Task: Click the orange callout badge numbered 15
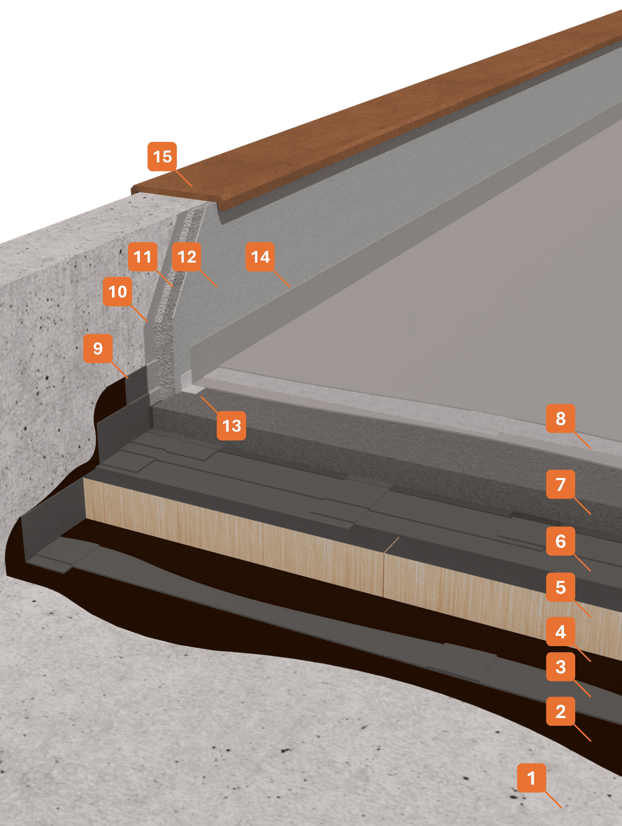coord(162,156)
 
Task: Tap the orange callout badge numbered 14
coord(261,256)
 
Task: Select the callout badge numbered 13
coord(231,425)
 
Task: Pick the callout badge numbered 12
coord(187,256)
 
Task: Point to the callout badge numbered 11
coord(143,256)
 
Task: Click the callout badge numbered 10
coord(118,291)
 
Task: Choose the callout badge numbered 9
coord(98,348)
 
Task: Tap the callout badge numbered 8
coord(560,418)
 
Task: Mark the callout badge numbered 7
coord(560,484)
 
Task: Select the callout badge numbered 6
coord(560,541)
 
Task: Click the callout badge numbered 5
coord(560,587)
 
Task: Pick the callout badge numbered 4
coord(560,632)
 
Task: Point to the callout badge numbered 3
coord(560,667)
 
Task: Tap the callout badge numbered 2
coord(560,711)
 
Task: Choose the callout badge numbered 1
coord(532,778)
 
